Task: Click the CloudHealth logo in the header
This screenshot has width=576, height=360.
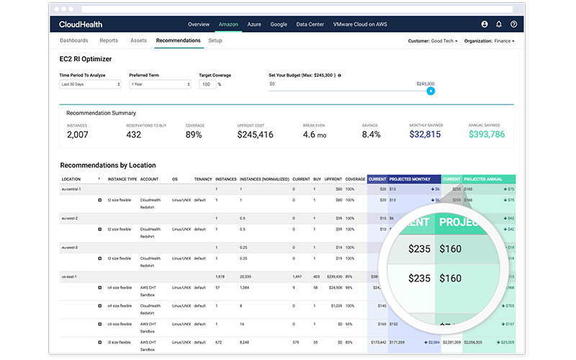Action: pyautogui.click(x=81, y=24)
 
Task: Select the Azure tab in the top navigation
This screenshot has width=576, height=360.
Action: pyautogui.click(x=254, y=24)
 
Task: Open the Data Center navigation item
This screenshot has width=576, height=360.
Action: pyautogui.click(x=310, y=24)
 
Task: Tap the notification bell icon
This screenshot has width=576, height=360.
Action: pyautogui.click(x=499, y=24)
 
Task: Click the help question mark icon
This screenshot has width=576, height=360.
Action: pyautogui.click(x=513, y=24)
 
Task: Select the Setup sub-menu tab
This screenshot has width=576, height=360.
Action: pyautogui.click(x=215, y=41)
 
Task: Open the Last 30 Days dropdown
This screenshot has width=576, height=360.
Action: pyautogui.click(x=90, y=84)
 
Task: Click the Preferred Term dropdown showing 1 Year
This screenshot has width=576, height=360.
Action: pyautogui.click(x=160, y=84)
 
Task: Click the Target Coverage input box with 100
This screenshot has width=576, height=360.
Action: pyautogui.click(x=207, y=84)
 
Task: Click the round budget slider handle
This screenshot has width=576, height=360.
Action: pyautogui.click(x=431, y=91)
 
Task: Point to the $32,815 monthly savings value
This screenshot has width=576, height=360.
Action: pyautogui.click(x=425, y=134)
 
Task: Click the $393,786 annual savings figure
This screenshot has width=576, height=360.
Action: pyautogui.click(x=487, y=134)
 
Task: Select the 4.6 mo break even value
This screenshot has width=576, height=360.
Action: pyautogui.click(x=315, y=134)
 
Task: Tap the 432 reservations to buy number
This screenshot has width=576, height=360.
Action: pyautogui.click(x=134, y=134)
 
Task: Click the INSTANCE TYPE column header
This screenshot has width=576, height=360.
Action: pyautogui.click(x=122, y=179)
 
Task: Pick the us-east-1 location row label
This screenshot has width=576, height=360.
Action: pyautogui.click(x=71, y=276)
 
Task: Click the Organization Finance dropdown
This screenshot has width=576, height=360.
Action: pyautogui.click(x=490, y=41)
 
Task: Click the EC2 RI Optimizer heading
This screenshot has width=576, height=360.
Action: pyautogui.click(x=86, y=59)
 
